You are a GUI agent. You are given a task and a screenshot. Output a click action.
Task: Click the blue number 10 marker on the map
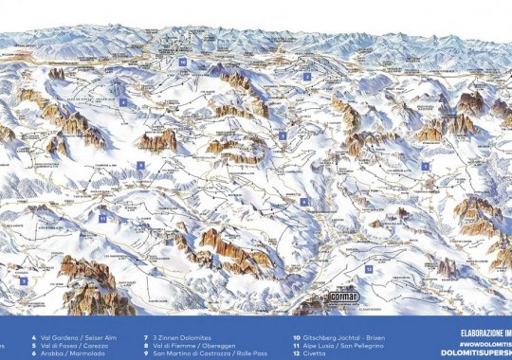tap(182, 62)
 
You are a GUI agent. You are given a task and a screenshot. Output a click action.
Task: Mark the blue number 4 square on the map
tap(122, 101)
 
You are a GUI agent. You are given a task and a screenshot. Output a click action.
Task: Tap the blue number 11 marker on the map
tap(101, 217)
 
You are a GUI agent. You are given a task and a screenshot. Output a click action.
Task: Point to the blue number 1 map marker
tap(426, 166)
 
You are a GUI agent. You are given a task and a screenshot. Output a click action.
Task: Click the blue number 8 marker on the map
tap(304, 202)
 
